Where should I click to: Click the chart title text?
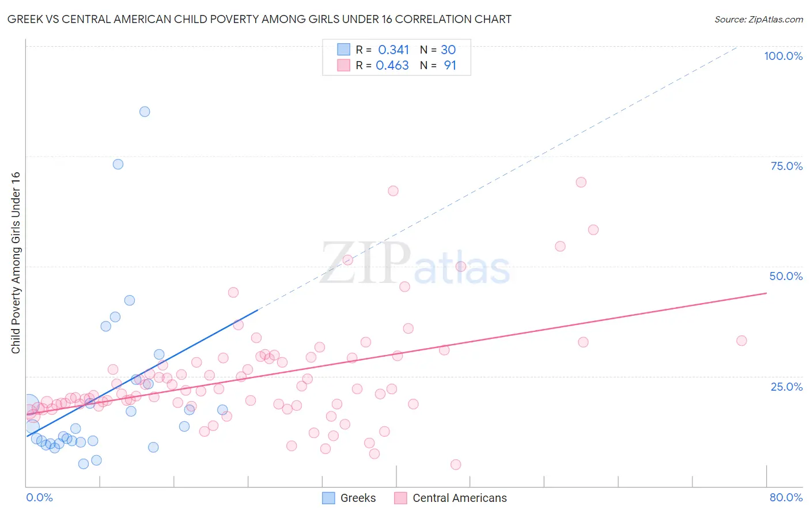259,20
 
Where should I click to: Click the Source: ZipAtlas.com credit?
758,20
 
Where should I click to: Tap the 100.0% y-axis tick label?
783,56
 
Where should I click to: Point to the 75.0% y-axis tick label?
786,166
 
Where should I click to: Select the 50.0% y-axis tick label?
786,276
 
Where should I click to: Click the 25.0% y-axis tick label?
786,386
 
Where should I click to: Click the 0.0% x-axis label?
39,497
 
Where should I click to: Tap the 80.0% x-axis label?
786,497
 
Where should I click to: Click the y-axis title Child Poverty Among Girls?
16,263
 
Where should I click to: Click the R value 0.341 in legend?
393,50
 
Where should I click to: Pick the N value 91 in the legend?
450,66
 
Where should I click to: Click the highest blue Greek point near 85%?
145,112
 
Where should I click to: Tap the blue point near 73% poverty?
118,164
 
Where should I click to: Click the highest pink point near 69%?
581,182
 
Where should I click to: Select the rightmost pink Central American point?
741,341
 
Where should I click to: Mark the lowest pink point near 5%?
456,464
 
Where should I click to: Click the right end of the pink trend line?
766,293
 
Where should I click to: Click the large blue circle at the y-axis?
29,405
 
